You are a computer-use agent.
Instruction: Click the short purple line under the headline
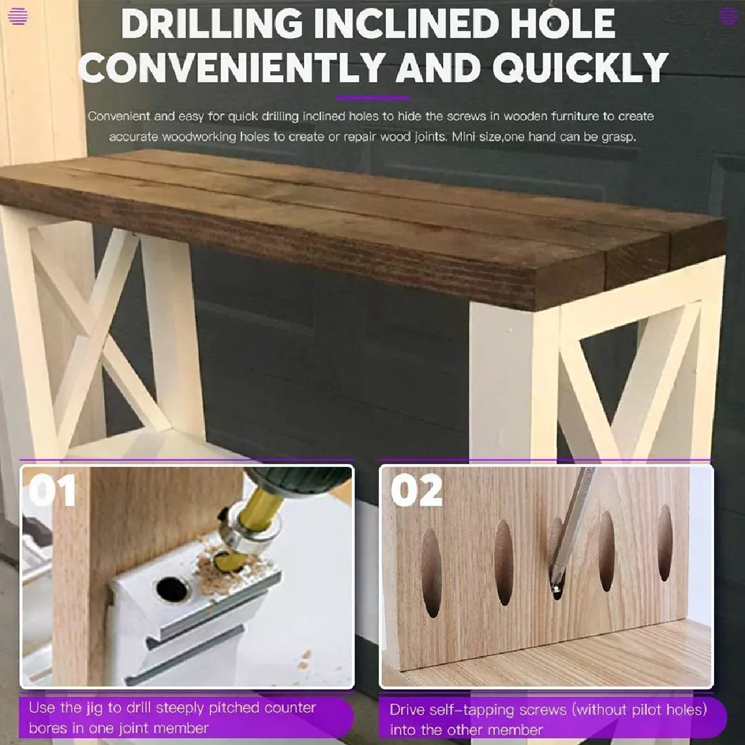pos(372,98)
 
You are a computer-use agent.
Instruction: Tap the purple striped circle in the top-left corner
pos(18,16)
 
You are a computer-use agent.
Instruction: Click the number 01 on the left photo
pos(52,490)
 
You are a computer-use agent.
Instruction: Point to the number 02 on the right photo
pos(417,490)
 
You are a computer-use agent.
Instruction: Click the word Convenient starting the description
pos(119,116)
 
